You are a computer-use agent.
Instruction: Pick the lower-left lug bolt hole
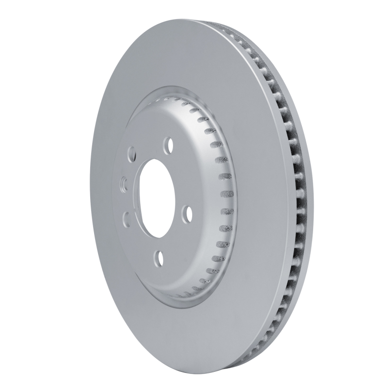[125, 217]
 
